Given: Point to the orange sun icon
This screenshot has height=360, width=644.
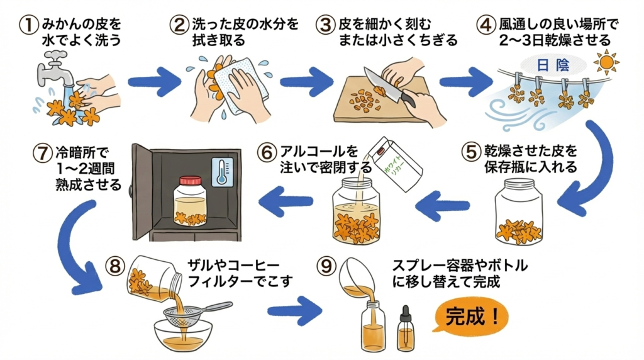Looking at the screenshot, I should point(606,64).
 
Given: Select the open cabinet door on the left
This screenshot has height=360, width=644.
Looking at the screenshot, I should point(142,192).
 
